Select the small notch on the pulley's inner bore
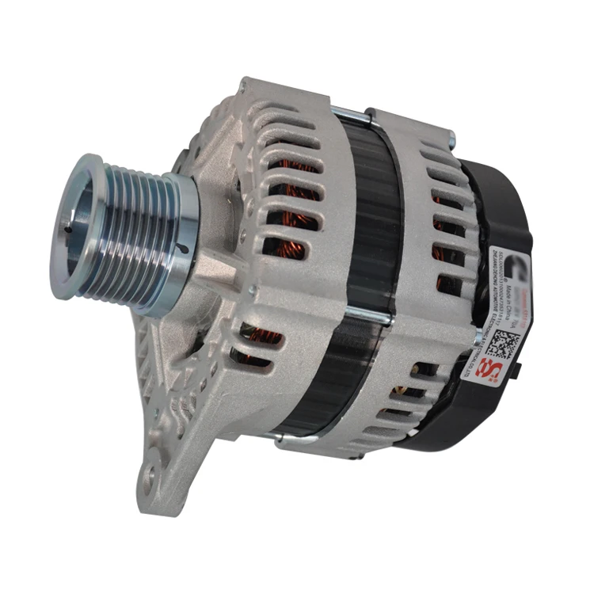71,230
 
